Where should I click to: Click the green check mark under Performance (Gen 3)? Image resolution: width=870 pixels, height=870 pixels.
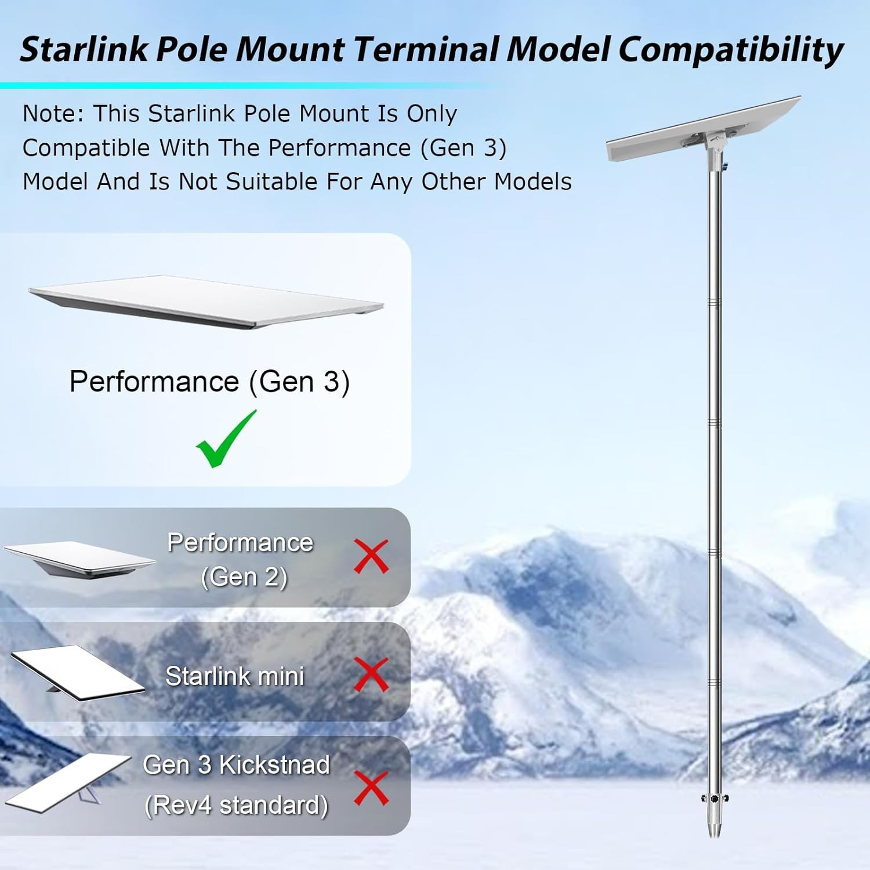[225, 441]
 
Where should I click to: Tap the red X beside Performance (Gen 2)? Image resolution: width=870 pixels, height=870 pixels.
[371, 556]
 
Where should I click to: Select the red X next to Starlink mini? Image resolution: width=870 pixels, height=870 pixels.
[371, 675]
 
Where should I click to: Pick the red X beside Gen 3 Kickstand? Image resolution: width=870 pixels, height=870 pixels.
[371, 788]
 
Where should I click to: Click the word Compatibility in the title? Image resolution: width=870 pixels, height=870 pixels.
[731, 49]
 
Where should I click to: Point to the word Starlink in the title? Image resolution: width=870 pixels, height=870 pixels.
[84, 49]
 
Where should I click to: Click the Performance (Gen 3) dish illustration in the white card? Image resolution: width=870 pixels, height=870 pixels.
[206, 302]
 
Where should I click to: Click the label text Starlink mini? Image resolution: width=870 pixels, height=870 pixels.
[235, 676]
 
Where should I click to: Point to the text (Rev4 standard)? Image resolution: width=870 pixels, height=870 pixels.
[237, 805]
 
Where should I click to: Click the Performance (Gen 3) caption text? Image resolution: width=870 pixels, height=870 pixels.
[209, 382]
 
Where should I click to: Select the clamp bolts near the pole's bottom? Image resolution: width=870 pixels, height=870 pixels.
[715, 799]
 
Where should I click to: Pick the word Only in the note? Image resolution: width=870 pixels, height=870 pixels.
[432, 114]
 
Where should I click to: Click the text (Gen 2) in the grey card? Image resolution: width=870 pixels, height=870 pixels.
[244, 577]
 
